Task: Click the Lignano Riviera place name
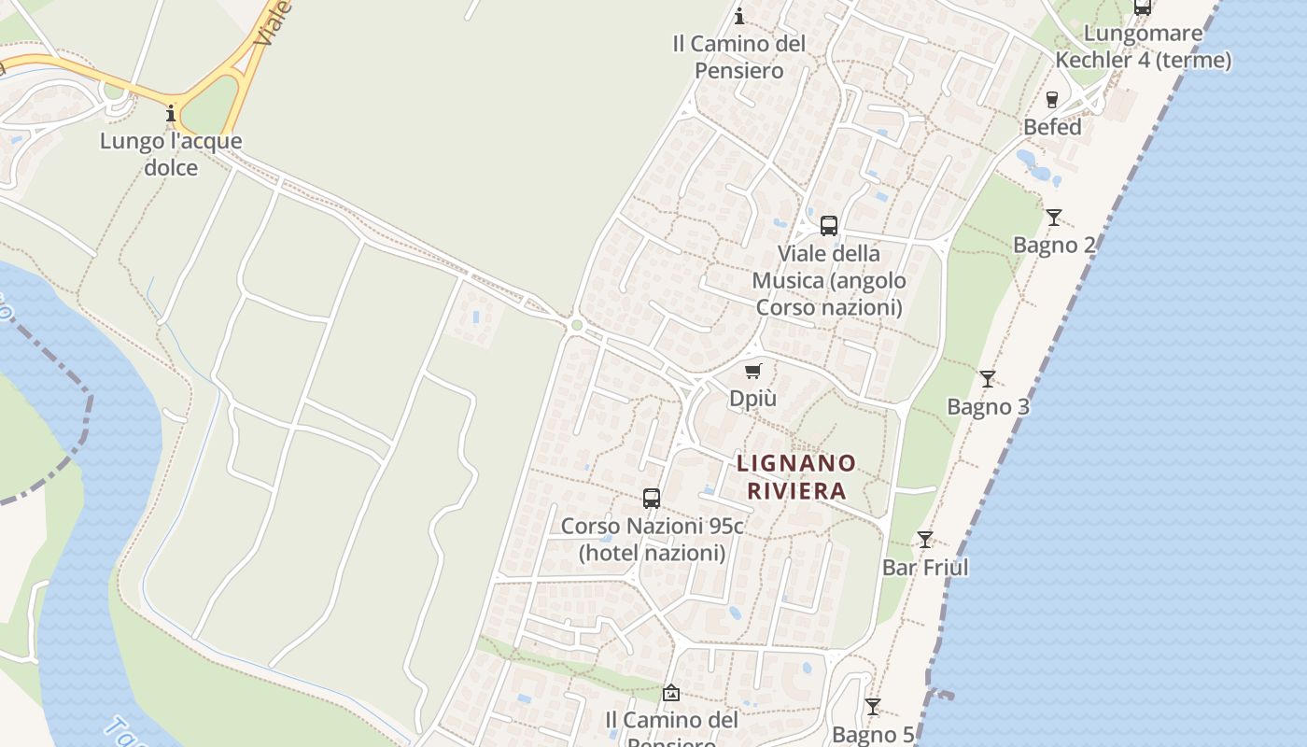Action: coord(796,476)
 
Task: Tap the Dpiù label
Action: coord(752,399)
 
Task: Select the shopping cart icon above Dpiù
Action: coord(753,371)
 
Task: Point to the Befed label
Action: coord(1052,127)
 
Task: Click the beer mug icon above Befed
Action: coord(1052,99)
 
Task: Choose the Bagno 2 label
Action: coord(1054,246)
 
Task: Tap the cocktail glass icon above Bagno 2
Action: coord(1054,218)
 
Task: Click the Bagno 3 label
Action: coord(988,407)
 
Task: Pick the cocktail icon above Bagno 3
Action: coord(988,379)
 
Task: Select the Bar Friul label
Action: coord(925,568)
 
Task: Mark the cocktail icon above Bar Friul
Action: coord(925,540)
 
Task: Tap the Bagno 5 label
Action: coord(873,735)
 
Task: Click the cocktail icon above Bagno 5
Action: coord(873,707)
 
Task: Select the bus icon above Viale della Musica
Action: coord(829,225)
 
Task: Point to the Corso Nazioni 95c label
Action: coord(652,540)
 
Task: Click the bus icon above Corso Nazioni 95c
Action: coord(652,499)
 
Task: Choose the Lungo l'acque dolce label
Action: coord(171,155)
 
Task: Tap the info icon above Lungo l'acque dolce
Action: coord(171,114)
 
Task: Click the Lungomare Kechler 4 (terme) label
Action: coord(1143,48)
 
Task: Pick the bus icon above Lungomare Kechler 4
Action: coord(1143,7)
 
